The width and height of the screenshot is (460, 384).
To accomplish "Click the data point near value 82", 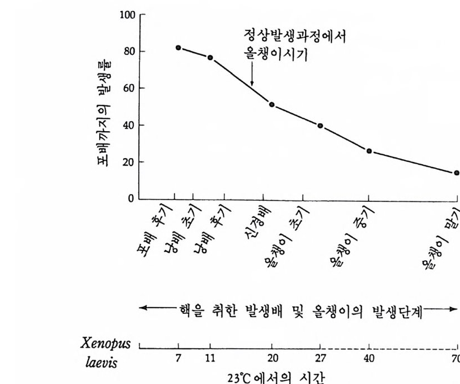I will click(x=178, y=48).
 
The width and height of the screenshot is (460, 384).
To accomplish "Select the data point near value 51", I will click(x=272, y=105).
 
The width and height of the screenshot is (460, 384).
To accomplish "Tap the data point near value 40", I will click(x=320, y=126).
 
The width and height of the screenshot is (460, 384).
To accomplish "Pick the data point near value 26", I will click(x=369, y=151).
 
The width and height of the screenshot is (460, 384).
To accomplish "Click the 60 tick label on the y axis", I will click(x=129, y=88).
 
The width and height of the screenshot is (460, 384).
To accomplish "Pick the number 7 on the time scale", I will click(x=178, y=359).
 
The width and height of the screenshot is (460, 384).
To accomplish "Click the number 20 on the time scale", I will click(x=272, y=359).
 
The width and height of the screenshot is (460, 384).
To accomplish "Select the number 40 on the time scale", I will click(x=369, y=359).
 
